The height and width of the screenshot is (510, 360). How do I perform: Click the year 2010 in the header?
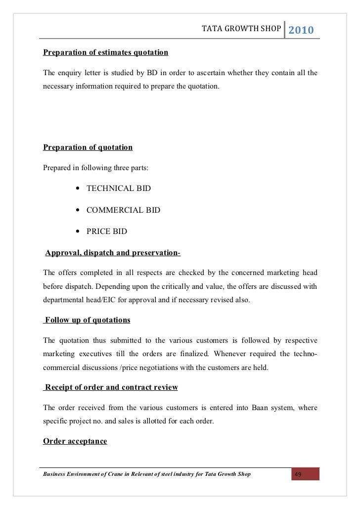click(x=301, y=30)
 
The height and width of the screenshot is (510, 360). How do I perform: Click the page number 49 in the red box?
click(x=298, y=475)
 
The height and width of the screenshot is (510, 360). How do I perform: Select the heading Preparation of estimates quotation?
click(x=106, y=52)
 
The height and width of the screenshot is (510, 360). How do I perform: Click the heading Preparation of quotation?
click(x=88, y=147)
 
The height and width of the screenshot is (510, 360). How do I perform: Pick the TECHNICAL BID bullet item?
click(x=119, y=188)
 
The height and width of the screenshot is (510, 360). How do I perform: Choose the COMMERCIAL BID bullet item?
click(x=123, y=210)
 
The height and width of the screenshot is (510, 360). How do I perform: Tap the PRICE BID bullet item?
click(x=107, y=231)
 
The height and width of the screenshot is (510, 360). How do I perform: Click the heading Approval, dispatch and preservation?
click(x=113, y=253)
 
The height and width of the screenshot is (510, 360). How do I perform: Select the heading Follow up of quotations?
click(x=88, y=320)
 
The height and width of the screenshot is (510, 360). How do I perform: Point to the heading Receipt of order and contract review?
click(x=111, y=387)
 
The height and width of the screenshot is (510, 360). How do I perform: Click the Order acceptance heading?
click(x=75, y=441)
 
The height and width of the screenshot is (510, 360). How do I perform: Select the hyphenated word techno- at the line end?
click(x=307, y=354)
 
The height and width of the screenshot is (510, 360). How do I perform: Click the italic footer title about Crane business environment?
click(x=147, y=474)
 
